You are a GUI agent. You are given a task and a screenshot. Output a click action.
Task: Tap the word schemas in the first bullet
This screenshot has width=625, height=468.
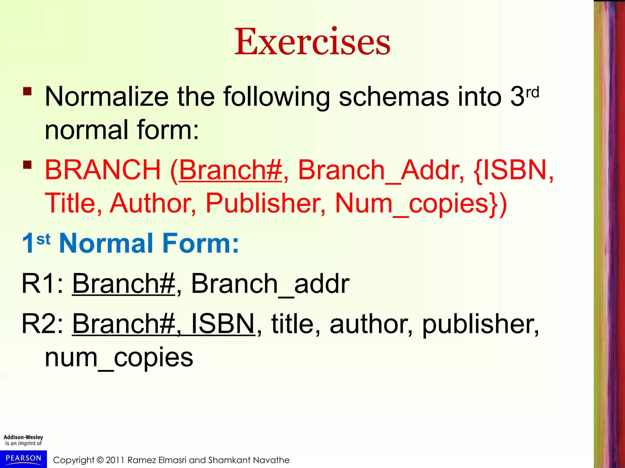click(x=394, y=97)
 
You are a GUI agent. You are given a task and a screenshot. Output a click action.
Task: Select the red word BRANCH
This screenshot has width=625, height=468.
click(x=103, y=170)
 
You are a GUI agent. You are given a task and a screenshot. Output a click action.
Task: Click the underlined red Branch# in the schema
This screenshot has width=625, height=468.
click(x=230, y=170)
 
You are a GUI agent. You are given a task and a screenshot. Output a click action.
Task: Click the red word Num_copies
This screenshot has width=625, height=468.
click(x=417, y=204)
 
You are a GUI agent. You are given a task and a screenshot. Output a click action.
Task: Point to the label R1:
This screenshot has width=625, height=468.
click(x=42, y=284)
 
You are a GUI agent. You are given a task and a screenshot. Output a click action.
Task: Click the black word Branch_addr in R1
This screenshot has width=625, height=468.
click(x=270, y=284)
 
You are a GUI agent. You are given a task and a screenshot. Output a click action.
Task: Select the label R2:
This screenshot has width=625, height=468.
click(x=42, y=324)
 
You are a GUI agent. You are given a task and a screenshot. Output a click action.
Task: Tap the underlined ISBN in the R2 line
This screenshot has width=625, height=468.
click(x=223, y=324)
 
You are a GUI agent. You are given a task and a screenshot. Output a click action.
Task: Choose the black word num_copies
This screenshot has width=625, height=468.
click(x=119, y=358)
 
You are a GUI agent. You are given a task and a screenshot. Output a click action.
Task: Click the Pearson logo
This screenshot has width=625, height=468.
click(x=23, y=459)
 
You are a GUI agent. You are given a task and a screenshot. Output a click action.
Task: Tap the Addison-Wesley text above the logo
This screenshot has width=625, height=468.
click(x=23, y=437)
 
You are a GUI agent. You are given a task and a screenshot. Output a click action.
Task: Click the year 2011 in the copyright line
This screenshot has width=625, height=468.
click(x=115, y=460)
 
